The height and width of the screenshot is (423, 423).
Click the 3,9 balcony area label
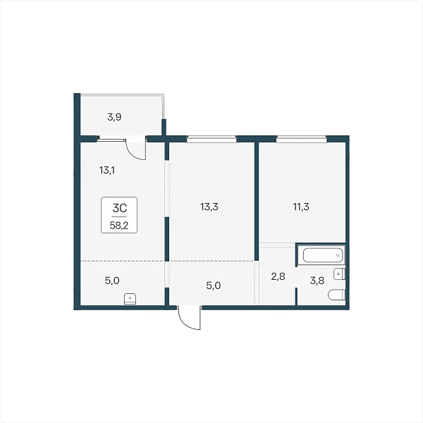[x=114, y=117]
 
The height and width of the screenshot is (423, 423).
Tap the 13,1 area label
[x=107, y=170]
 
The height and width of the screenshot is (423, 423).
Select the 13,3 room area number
[x=209, y=207]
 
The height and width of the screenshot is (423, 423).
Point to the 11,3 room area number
[x=301, y=207]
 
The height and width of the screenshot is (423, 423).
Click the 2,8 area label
[x=278, y=276]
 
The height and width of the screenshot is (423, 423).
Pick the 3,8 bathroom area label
[x=317, y=281]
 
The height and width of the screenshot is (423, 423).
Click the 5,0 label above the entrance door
[x=214, y=286]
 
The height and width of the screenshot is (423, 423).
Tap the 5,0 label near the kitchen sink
[x=112, y=281]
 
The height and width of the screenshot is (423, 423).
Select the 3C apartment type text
[x=120, y=208]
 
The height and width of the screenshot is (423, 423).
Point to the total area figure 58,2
[x=119, y=226]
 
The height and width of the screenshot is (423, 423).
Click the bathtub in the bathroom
[x=323, y=255]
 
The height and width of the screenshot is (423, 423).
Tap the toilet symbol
[x=336, y=295]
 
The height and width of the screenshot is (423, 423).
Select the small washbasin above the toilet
[x=339, y=274]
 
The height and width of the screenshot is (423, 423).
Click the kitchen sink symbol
[x=130, y=299]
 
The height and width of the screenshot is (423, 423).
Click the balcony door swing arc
[x=133, y=153]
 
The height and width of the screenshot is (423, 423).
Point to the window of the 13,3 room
[x=211, y=139]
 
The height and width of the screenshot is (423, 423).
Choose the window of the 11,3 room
[x=301, y=139]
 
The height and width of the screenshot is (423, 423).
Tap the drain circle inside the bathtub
[x=338, y=255]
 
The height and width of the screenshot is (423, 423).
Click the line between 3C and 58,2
[x=119, y=216]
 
